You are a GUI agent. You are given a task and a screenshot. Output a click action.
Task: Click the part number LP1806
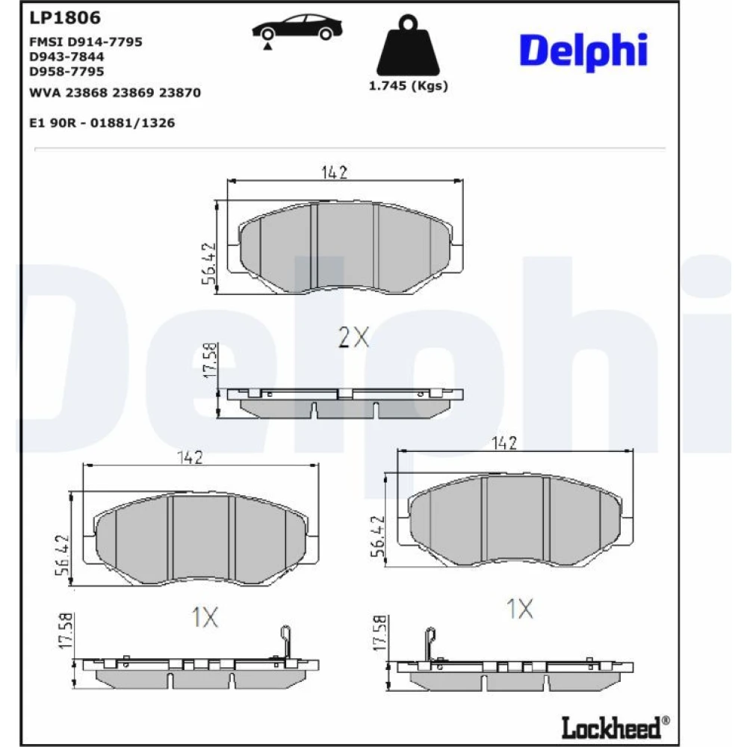click(x=65, y=18)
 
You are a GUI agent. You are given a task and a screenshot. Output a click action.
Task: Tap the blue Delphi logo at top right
click(x=583, y=51)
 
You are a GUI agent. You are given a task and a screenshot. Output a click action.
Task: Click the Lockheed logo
click(x=615, y=728)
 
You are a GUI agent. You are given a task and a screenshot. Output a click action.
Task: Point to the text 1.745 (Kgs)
click(x=409, y=86)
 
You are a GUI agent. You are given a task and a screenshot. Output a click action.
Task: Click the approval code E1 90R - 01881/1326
click(x=102, y=123)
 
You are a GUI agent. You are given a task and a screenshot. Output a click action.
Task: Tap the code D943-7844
click(x=66, y=57)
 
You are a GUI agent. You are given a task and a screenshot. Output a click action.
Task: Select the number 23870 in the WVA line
click(x=179, y=93)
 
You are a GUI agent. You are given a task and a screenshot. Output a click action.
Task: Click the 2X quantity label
click(x=353, y=338)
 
